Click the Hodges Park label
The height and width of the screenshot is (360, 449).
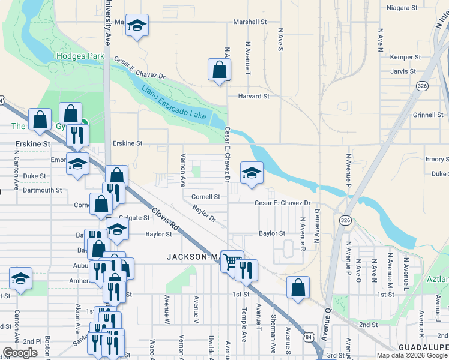pyautogui.click(x=80, y=56)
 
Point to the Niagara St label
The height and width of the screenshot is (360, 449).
pyautogui.click(x=402, y=8)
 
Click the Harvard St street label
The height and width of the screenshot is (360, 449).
pyautogui.click(x=253, y=96)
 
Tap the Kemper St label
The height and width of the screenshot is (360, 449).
pyautogui.click(x=403, y=57)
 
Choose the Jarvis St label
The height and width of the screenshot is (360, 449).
pyautogui.click(x=403, y=71)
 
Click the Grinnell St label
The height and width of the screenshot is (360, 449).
pyautogui.click(x=428, y=115)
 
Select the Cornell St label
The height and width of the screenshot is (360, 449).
pyautogui.click(x=206, y=196)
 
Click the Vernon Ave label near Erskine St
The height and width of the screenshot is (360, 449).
pyautogui.click(x=183, y=170)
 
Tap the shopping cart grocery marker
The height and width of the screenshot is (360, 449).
pyautogui.click(x=232, y=260)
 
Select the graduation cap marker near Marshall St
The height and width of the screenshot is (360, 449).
pyautogui.click(x=137, y=25)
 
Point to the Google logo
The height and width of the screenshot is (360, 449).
pyautogui.click(x=20, y=352)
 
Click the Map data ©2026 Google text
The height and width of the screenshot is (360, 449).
pyautogui.click(x=411, y=355)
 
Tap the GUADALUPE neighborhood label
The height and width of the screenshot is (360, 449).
pyautogui.click(x=423, y=347)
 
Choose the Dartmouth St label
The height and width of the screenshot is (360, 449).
pyautogui.click(x=42, y=190)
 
